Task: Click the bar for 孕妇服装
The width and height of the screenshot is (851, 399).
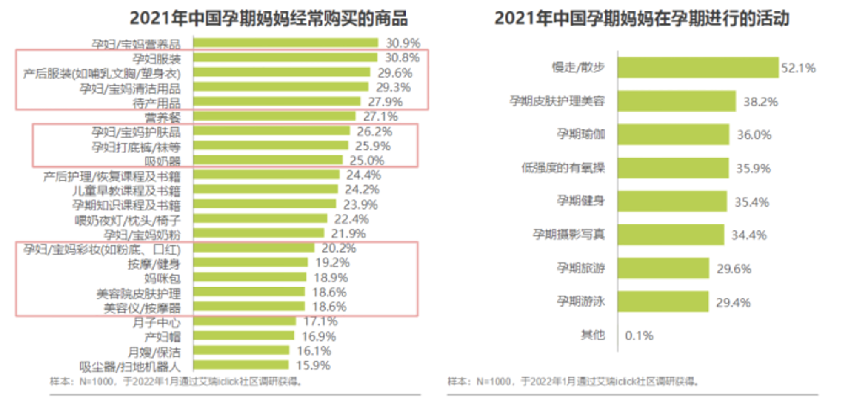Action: [x=285, y=57]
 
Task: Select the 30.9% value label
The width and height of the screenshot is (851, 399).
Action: [x=403, y=43]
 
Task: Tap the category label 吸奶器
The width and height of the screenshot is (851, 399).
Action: [x=163, y=161]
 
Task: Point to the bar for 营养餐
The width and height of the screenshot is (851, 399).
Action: [x=274, y=116]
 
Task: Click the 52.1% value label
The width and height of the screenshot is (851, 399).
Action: [x=798, y=68]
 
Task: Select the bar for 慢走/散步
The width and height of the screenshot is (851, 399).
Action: [x=698, y=67]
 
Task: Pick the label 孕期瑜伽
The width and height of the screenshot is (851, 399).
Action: [x=581, y=134]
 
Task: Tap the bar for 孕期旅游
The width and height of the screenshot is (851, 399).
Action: [x=663, y=268]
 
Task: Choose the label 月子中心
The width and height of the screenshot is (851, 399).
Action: [x=156, y=322]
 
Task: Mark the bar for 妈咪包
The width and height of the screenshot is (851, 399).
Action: [x=249, y=277]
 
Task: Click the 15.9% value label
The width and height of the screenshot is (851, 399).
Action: [x=313, y=365]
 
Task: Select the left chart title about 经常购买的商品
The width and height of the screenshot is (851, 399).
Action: [x=268, y=18]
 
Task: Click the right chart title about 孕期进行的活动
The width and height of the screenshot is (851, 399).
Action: [x=642, y=18]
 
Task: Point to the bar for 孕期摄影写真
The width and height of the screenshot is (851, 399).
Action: [x=671, y=235]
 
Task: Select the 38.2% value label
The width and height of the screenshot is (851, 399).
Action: [x=760, y=102]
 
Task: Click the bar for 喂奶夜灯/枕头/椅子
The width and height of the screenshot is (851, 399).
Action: [x=260, y=219]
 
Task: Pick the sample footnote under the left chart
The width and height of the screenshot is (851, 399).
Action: [x=176, y=381]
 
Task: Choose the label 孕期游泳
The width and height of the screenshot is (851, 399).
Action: [x=581, y=301]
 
